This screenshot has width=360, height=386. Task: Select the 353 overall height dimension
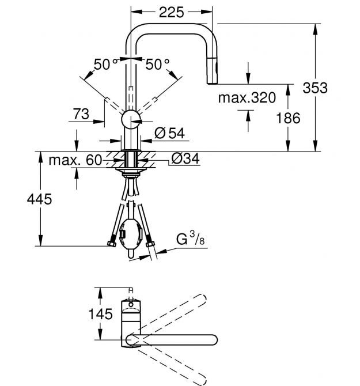315,88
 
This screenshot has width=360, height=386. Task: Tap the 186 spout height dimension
288,118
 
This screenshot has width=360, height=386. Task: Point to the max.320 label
247,97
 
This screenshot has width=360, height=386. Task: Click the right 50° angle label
158,64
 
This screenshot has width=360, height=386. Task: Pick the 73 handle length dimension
81,114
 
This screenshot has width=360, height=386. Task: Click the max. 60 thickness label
75,159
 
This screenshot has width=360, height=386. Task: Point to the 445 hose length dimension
40,199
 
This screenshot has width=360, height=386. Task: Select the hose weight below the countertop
131,233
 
